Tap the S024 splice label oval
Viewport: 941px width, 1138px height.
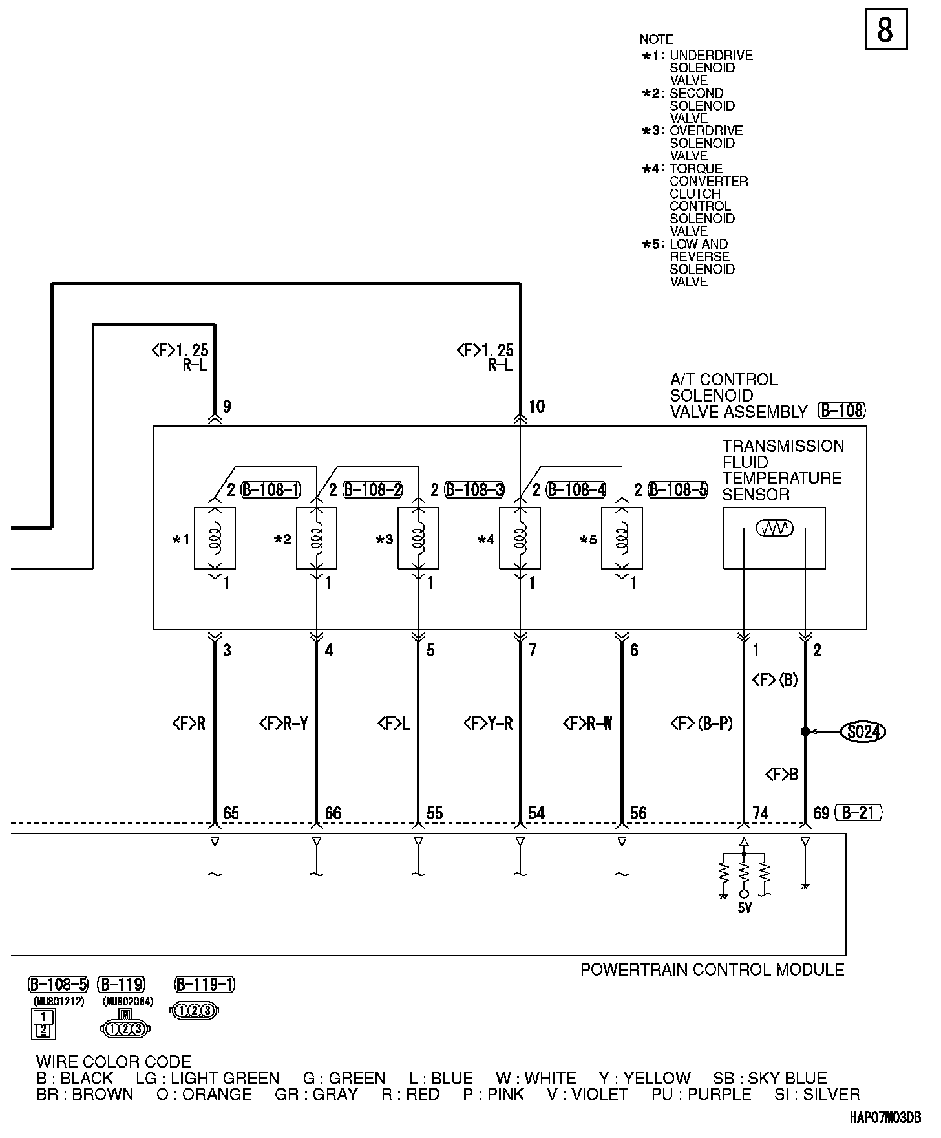click(862, 732)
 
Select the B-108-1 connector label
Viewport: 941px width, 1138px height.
click(271, 490)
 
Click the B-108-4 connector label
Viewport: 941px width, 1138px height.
click(576, 490)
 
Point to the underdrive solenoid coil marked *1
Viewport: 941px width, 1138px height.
click(215, 538)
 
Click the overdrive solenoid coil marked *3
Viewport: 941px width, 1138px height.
click(418, 538)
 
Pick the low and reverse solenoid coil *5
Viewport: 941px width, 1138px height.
click(622, 538)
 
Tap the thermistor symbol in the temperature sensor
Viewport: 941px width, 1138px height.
click(774, 529)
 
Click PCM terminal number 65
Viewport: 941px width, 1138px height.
click(231, 813)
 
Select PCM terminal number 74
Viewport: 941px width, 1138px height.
click(761, 813)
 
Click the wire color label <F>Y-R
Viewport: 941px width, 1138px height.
click(488, 724)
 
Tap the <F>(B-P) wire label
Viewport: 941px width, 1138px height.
click(701, 724)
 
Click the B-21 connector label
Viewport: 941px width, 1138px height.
click(858, 812)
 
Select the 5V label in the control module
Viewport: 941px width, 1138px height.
click(745, 908)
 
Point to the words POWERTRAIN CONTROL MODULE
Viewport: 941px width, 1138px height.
click(712, 970)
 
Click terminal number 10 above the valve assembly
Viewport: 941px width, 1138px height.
click(537, 407)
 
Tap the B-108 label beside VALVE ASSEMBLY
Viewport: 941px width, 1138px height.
click(841, 411)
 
